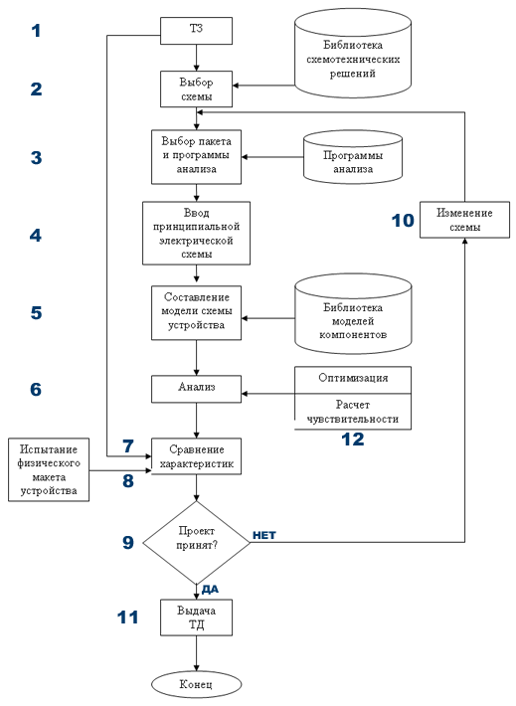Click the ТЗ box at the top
[196, 31]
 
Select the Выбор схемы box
[196, 88]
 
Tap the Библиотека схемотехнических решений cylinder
[353, 54]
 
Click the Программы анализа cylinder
[353, 157]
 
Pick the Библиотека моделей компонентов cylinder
[353, 316]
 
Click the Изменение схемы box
[464, 220]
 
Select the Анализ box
[196, 389]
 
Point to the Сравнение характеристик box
[196, 456]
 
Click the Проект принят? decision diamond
[196, 542]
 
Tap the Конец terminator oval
[196, 685]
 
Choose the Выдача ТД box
[196, 618]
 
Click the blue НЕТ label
[263, 535]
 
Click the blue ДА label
[210, 590]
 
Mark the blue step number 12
[353, 439]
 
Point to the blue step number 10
[403, 221]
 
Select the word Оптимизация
[353, 378]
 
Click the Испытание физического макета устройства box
[49, 469]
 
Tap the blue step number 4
[36, 235]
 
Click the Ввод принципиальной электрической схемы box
[196, 233]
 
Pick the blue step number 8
[128, 481]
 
